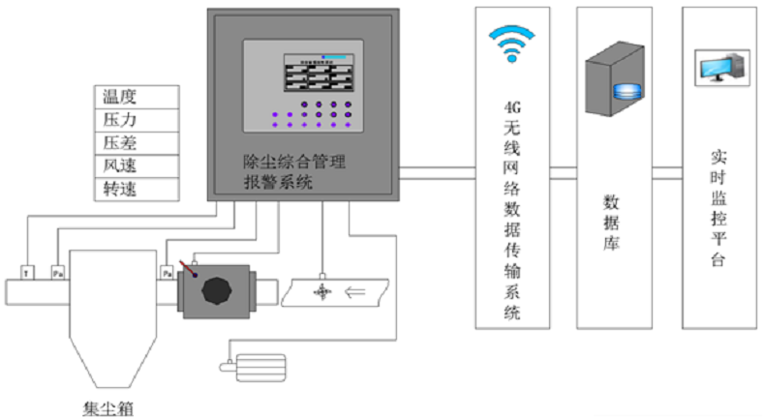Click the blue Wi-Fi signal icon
pyautogui.click(x=512, y=44)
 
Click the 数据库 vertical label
pyautogui.click(x=612, y=223)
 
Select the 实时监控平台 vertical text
pyautogui.click(x=718, y=208)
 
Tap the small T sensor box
pyautogui.click(x=26, y=273)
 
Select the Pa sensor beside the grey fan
pyautogui.click(x=167, y=273)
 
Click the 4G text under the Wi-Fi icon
pyautogui.click(x=513, y=106)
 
